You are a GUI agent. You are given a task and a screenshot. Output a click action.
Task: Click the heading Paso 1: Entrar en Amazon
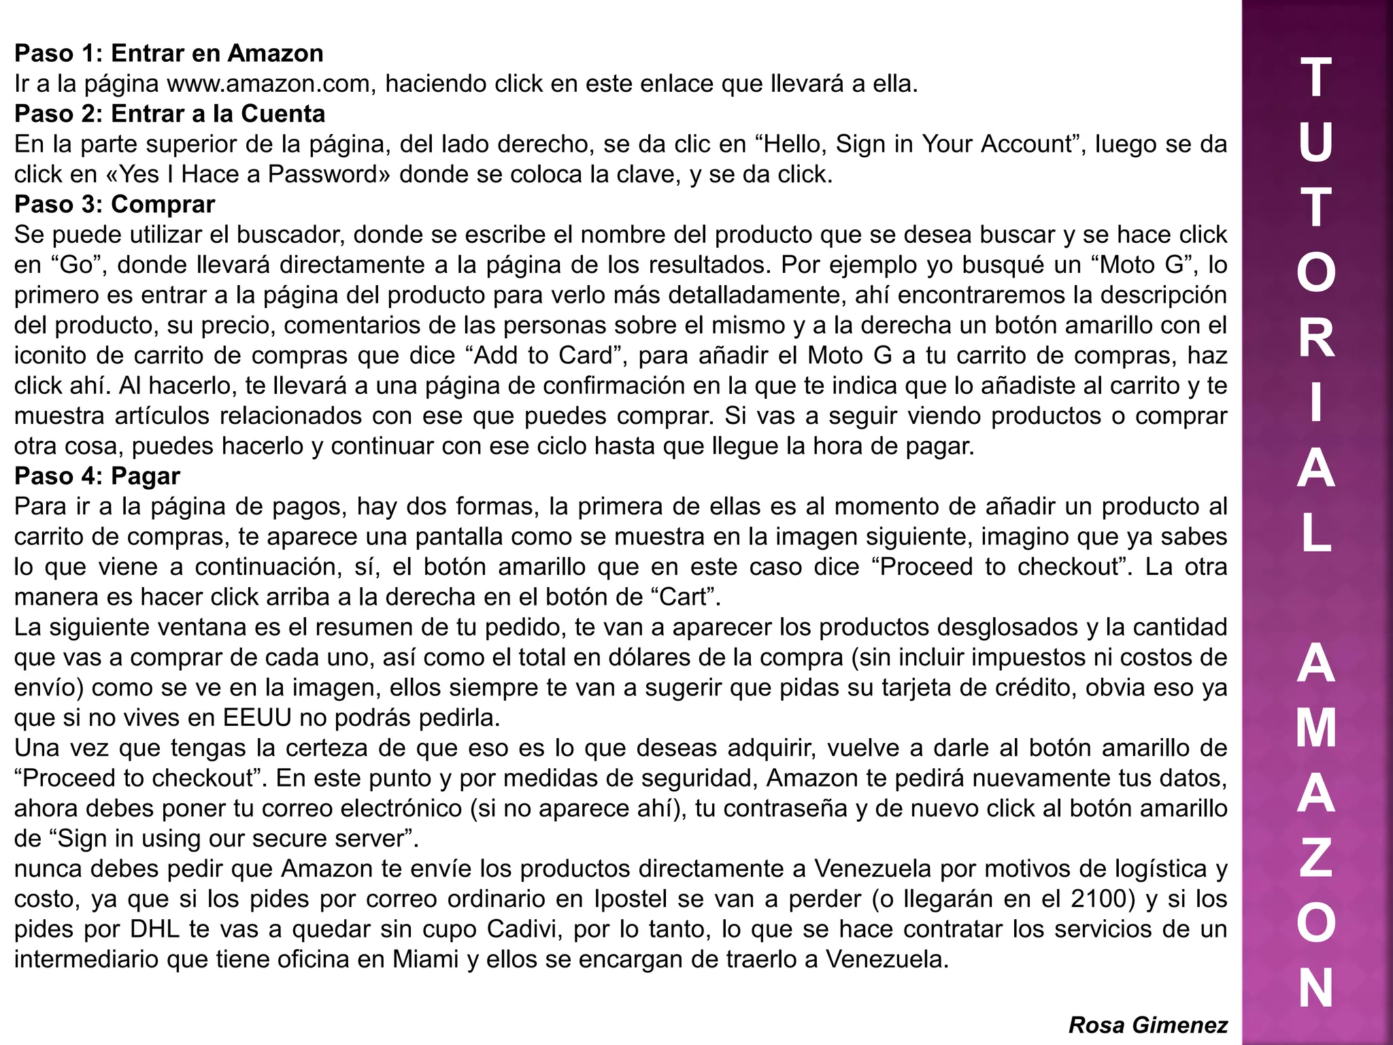tap(169, 53)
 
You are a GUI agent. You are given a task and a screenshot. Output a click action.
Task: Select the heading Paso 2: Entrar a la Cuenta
tap(170, 114)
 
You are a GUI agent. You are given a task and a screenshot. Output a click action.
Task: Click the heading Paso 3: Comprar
tap(114, 204)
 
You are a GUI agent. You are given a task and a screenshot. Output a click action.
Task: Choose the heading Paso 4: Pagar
tap(97, 476)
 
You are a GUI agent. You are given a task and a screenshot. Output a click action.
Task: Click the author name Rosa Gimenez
tap(1147, 1025)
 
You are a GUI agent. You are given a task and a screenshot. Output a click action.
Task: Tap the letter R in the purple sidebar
tap(1316, 338)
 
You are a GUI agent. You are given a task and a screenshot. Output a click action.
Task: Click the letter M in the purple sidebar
tap(1316, 729)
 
